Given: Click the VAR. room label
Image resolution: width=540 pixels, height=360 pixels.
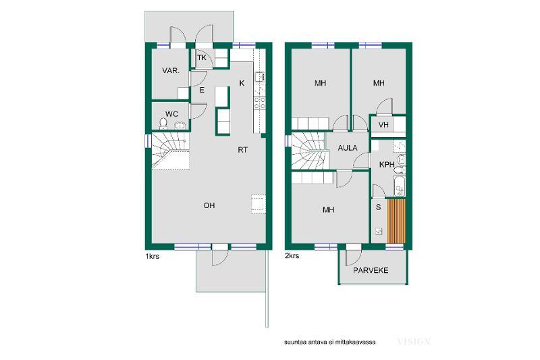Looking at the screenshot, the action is pyautogui.click(x=171, y=71).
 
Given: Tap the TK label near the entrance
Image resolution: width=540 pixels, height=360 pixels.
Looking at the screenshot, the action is pyautogui.click(x=202, y=57).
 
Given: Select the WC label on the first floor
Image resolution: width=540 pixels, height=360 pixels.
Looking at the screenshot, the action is pyautogui.click(x=172, y=114).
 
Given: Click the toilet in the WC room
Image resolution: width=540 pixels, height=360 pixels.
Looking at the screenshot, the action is pyautogui.click(x=163, y=124).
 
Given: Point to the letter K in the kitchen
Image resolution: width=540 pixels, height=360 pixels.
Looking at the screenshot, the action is pyautogui.click(x=242, y=83).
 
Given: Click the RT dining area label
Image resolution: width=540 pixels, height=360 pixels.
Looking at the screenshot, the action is pyautogui.click(x=243, y=150).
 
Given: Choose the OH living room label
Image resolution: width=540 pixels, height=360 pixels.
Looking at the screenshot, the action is pyautogui.click(x=209, y=205).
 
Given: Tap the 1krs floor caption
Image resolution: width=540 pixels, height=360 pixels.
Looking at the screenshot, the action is pyautogui.click(x=153, y=256).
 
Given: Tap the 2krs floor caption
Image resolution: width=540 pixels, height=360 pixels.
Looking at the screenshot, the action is pyautogui.click(x=292, y=256).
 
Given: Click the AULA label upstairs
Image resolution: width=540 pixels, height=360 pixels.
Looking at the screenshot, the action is pyautogui.click(x=348, y=148).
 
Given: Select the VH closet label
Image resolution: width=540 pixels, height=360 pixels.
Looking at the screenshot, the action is pyautogui.click(x=383, y=125).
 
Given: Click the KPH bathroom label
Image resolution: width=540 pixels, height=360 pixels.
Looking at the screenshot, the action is pyautogui.click(x=387, y=165).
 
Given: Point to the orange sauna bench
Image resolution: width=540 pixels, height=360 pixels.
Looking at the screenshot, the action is pyautogui.click(x=396, y=221).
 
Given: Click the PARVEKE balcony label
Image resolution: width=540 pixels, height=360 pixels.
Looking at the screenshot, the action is pyautogui.click(x=371, y=270).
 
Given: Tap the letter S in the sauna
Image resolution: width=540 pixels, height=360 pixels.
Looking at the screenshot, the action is pyautogui.click(x=379, y=207).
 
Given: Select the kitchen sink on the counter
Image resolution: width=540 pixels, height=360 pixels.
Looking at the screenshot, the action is pyautogui.click(x=259, y=76).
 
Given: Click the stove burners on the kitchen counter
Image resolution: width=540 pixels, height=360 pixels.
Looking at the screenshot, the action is pyautogui.click(x=260, y=103).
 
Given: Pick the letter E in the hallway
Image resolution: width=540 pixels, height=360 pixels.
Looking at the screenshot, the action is pyautogui.click(x=202, y=91).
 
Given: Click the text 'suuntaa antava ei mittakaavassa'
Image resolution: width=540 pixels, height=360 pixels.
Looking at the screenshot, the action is pyautogui.click(x=330, y=342).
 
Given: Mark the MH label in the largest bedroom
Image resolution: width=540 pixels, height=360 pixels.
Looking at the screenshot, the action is pyautogui.click(x=329, y=210).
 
